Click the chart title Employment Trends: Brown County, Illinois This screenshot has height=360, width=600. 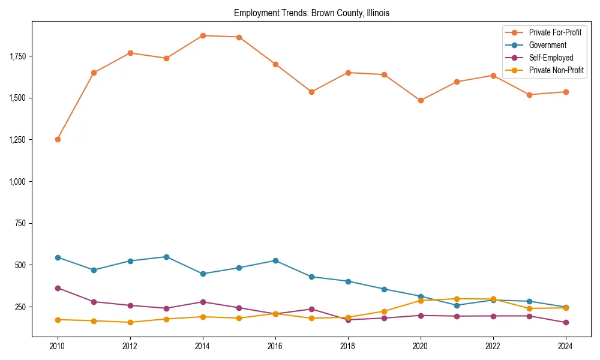point(311,13)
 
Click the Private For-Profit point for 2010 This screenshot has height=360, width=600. point(58,139)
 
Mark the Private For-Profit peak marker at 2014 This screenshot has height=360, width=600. point(203,35)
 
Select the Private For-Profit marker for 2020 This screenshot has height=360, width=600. point(421,101)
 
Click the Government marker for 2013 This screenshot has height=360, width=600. point(166,257)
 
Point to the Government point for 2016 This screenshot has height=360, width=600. point(275,260)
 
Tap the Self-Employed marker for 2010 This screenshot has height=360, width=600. point(58,288)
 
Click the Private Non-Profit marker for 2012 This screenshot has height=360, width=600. point(130,322)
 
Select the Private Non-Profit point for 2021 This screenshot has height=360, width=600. point(457,299)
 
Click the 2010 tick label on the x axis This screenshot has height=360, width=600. point(58,346)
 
